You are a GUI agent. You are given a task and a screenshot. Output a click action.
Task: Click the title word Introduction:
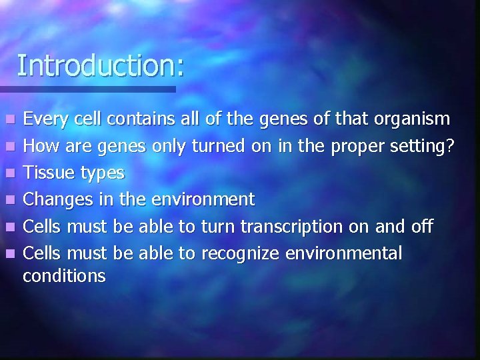click(101, 65)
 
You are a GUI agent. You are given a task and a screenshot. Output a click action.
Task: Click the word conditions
click(64, 275)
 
